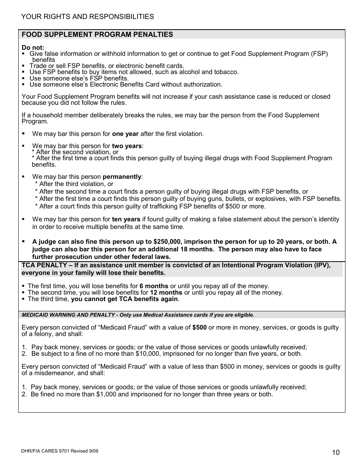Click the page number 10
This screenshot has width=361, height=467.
(336, 452)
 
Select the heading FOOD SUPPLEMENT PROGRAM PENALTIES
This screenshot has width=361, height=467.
(97, 35)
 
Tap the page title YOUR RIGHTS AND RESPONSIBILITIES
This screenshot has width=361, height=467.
(88, 17)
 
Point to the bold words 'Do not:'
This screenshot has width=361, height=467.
(33, 47)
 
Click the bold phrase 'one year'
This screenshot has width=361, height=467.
(125, 134)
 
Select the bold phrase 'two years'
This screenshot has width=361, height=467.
(127, 146)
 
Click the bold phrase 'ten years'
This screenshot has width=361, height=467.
(126, 219)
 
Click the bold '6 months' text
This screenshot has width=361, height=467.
(154, 286)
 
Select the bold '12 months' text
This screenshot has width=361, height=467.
(166, 292)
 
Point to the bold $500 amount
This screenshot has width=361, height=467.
(199, 327)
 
